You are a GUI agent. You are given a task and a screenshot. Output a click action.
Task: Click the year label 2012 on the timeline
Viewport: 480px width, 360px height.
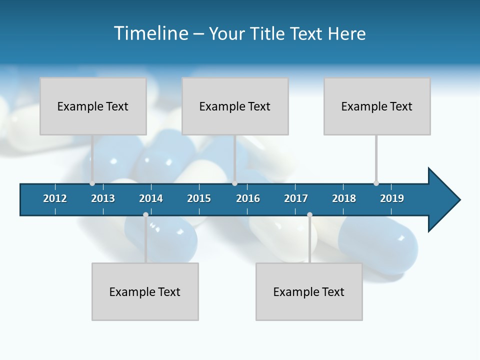55,198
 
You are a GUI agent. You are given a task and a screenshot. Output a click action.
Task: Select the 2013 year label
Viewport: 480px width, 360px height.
103,198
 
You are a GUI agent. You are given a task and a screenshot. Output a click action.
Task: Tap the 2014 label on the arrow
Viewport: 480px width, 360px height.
151,198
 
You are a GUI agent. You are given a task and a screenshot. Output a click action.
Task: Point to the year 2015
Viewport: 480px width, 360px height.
199,198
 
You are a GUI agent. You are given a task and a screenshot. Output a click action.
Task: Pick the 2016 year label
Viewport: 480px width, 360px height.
248,198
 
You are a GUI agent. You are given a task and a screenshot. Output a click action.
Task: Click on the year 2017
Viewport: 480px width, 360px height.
296,198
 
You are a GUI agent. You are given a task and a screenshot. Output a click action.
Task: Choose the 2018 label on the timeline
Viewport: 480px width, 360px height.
344,198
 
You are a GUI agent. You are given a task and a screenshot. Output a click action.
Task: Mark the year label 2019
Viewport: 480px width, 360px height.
392,198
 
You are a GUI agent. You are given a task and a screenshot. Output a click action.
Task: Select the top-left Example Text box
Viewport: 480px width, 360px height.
93,106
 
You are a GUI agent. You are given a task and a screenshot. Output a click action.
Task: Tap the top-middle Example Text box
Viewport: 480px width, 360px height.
235,106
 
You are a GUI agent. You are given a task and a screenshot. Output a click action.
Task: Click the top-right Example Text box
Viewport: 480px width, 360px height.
377,106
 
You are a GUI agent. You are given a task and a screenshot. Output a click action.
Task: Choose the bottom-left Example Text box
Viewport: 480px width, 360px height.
145,291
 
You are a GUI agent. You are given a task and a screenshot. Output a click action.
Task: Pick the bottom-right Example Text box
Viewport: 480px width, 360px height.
309,291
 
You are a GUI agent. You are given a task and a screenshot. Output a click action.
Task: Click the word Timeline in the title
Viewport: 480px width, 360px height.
150,33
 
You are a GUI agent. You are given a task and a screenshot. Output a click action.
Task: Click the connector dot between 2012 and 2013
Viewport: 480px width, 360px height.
92,183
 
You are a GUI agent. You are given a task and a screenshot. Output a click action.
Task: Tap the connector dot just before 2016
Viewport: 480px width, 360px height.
234,183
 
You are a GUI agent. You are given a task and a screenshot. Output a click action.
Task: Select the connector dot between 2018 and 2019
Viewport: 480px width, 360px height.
376,183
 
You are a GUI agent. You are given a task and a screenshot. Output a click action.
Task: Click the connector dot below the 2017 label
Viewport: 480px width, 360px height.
309,214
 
